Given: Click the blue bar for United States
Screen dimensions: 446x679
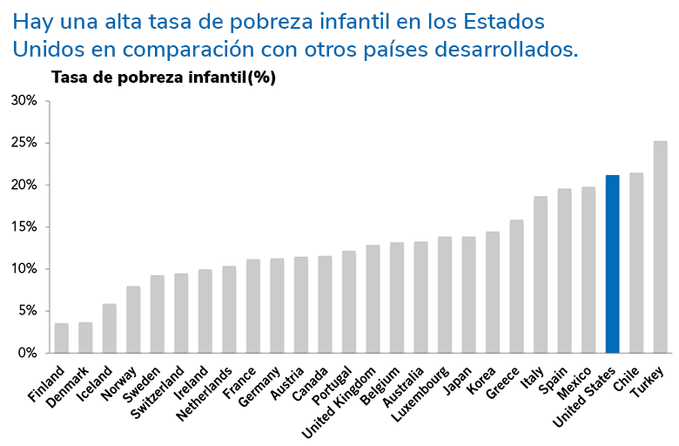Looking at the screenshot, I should tap(612, 264).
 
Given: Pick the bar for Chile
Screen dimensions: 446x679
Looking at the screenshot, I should tap(636, 262).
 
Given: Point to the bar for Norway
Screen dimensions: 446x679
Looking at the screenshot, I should tap(133, 319).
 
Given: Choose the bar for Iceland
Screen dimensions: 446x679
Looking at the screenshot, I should tap(109, 328).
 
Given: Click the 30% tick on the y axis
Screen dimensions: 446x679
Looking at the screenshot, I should tap(24, 100).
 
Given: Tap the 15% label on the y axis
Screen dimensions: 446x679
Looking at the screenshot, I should tap(24, 226).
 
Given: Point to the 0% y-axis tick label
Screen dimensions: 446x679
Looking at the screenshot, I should tap(26, 353).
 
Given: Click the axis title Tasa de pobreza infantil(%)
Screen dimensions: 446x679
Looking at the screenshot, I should tap(164, 77).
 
